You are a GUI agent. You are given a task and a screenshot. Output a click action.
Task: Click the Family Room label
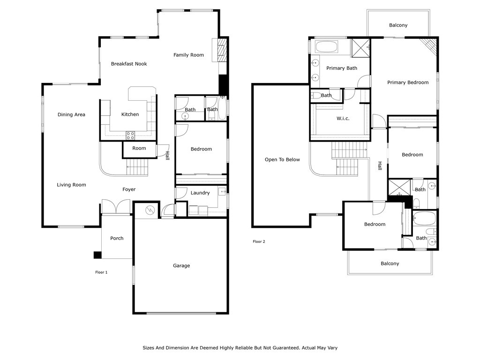coord(188,55)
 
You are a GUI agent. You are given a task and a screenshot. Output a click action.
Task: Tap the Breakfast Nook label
coord(129,64)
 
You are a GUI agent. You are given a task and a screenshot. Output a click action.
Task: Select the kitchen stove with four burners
coord(130,135)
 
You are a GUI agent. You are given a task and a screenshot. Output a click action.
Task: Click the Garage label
coord(181,266)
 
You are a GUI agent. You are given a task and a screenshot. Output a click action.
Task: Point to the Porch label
coord(117,238)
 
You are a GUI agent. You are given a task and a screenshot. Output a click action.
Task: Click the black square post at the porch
coord(97,255)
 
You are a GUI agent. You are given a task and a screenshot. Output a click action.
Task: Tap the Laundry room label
coord(200,193)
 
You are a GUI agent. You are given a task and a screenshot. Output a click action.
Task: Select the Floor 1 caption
coord(101,272)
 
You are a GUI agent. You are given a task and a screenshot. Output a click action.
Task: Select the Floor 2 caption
coord(259,241)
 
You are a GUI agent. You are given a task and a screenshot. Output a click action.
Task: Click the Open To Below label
coord(282,159)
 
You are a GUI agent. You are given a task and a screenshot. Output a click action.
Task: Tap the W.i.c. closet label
coord(343,119)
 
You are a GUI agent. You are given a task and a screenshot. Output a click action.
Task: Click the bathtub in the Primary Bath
coord(326,47)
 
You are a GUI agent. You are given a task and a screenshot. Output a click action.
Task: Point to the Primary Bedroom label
coord(408,82)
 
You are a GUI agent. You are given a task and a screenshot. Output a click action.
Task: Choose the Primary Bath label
coord(342,68)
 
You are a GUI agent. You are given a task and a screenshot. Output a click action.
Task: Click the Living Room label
coord(71,185)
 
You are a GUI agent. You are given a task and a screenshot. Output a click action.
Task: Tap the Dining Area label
coord(71,115)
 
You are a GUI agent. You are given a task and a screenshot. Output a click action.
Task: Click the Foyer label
coord(129,189)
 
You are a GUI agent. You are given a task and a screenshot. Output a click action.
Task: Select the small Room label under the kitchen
coord(139,148)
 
